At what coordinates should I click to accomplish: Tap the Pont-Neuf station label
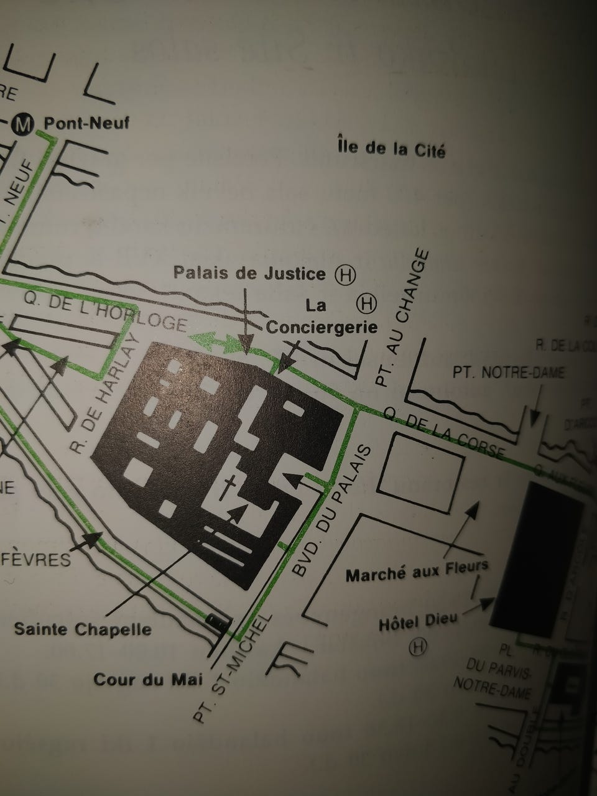(86, 123)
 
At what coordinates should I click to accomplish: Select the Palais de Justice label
(249, 273)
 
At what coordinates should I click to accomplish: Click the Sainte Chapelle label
(83, 629)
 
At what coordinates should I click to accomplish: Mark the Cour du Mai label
(148, 679)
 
